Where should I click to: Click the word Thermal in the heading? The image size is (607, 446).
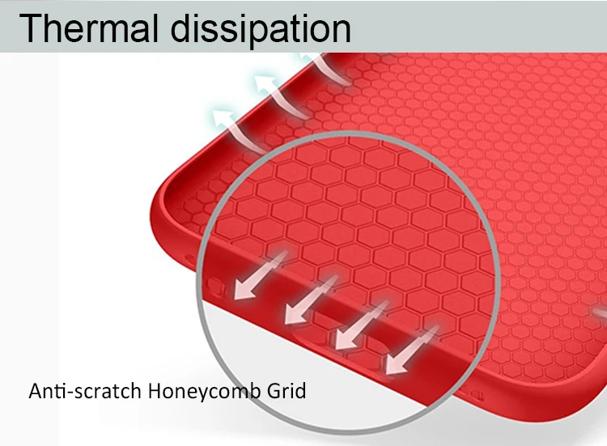(89, 28)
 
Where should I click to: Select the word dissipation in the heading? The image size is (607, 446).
(261, 29)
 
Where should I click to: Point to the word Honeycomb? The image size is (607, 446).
(204, 392)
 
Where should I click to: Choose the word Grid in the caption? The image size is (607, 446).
(287, 391)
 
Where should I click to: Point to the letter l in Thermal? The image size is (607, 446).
(155, 28)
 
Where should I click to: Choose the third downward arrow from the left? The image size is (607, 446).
(361, 325)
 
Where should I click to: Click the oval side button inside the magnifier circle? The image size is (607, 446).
(215, 286)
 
